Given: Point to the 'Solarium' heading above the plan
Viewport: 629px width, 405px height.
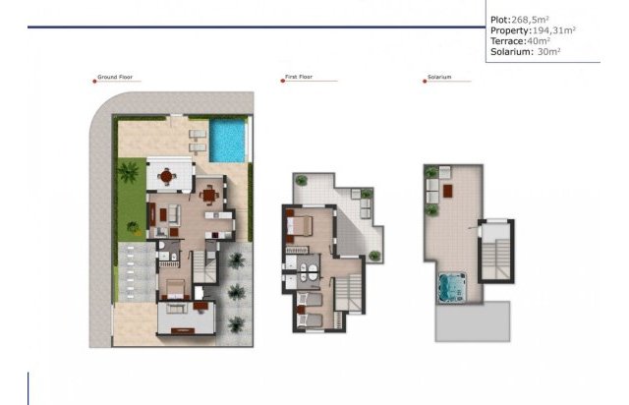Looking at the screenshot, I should pyautogui.click(x=438, y=77).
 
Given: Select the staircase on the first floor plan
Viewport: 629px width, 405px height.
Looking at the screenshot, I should pyautogui.click(x=346, y=291).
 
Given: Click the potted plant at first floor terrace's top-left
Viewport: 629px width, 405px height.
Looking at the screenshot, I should pyautogui.click(x=302, y=180).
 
